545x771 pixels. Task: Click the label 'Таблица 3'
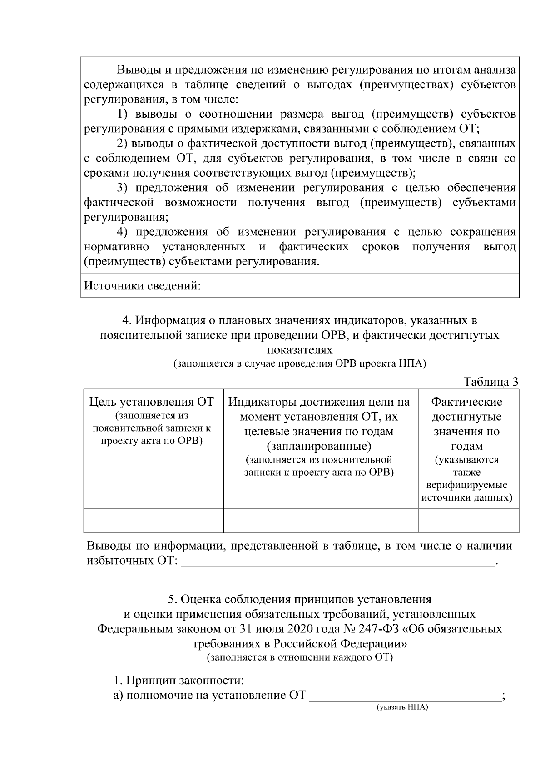[x=490, y=382]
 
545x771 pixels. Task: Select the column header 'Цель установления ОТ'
[x=152, y=402]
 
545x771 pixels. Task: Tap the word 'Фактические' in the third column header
[x=466, y=402]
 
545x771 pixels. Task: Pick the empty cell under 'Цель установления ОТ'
[x=154, y=520]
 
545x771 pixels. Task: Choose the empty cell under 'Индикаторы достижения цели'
[x=321, y=520]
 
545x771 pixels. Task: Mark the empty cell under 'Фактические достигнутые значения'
[x=468, y=520]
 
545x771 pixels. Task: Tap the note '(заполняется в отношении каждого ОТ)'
[x=300, y=657]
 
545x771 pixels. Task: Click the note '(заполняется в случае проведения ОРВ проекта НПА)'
[x=300, y=363]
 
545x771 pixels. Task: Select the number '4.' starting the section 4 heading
[x=127, y=321]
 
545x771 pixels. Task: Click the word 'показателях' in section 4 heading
[x=300, y=350]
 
